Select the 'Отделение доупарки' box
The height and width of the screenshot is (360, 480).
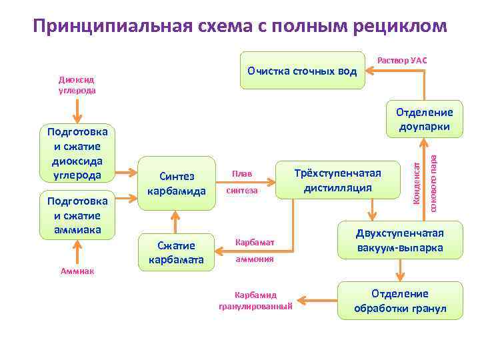424,119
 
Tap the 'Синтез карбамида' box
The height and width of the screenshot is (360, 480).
177,183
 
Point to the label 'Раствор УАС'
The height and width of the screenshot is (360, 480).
402,61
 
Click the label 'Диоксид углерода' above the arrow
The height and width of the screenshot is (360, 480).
77,85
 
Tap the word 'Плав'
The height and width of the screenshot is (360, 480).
242,174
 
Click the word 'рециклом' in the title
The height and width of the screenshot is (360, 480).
400,26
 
